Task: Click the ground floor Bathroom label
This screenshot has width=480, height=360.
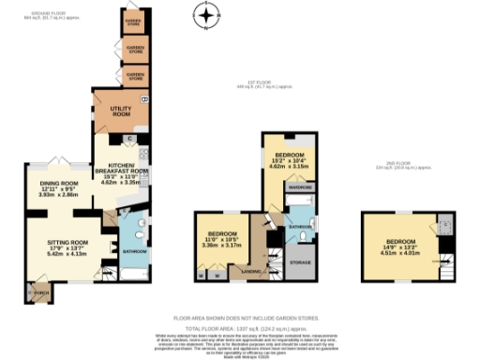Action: pyautogui.click(x=135, y=251)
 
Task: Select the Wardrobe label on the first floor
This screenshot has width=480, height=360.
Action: pyautogui.click(x=301, y=187)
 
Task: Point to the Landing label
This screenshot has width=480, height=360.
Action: pyautogui.click(x=253, y=272)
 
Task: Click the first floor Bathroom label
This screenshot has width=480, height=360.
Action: pyautogui.click(x=300, y=227)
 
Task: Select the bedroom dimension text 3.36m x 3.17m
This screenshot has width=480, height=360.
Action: pyautogui.click(x=221, y=246)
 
